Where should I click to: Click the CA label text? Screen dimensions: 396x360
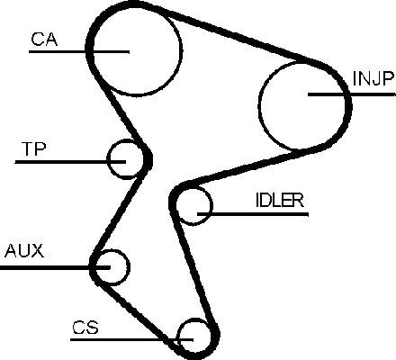click(x=44, y=39)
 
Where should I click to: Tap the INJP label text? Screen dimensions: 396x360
click(x=373, y=78)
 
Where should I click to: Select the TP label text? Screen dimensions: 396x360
click(x=33, y=149)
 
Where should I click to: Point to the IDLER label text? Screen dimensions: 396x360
click(x=280, y=200)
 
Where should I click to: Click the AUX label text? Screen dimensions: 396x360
click(x=24, y=251)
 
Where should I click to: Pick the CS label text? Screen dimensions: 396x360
click(x=85, y=328)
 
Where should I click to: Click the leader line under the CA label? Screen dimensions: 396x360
click(x=79, y=52)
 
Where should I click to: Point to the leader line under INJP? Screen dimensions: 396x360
click(x=352, y=94)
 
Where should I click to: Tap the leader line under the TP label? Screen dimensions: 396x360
click(x=70, y=162)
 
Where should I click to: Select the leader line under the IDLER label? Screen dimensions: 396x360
click(x=253, y=214)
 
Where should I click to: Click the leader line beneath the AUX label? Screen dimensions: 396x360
click(x=55, y=267)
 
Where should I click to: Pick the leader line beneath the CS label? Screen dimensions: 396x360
click(x=131, y=339)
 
